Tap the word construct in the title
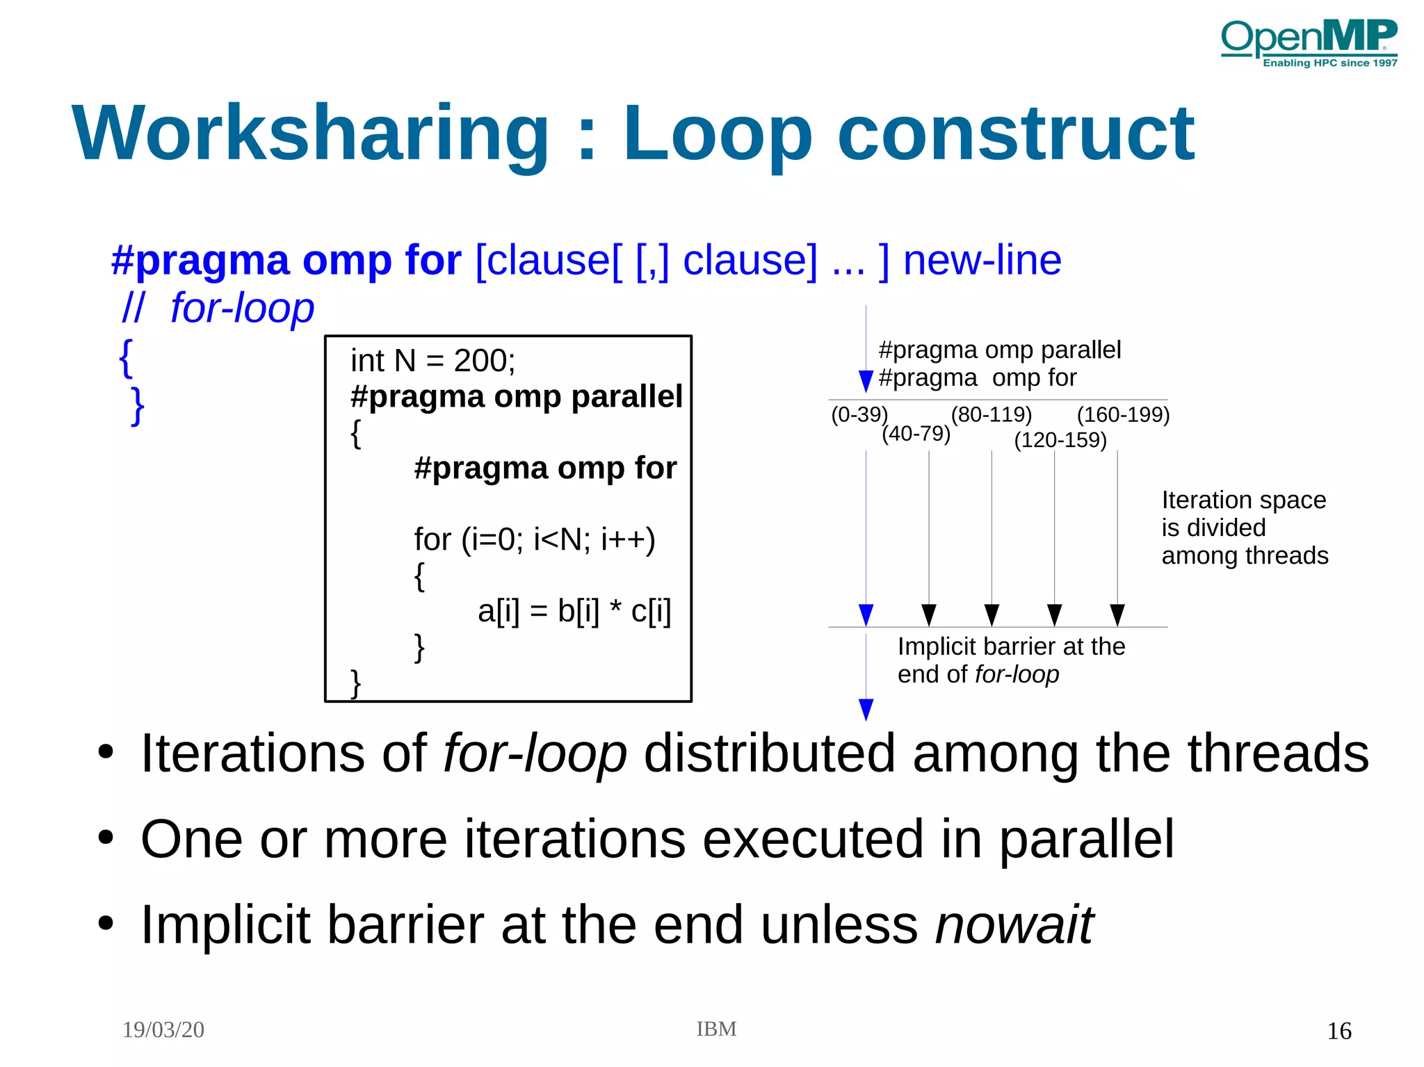click(1016, 133)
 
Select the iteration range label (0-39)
click(859, 414)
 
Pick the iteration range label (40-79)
click(916, 434)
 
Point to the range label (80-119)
click(992, 414)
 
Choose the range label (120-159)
click(1060, 440)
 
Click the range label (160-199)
click(1123, 414)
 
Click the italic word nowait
click(1014, 925)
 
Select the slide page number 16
click(1339, 1031)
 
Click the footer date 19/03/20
click(163, 1029)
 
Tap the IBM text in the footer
click(716, 1029)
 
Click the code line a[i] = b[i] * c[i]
click(574, 611)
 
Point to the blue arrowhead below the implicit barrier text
click(866, 709)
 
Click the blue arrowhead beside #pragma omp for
click(866, 381)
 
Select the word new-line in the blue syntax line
click(982, 261)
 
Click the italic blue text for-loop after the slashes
click(242, 308)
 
